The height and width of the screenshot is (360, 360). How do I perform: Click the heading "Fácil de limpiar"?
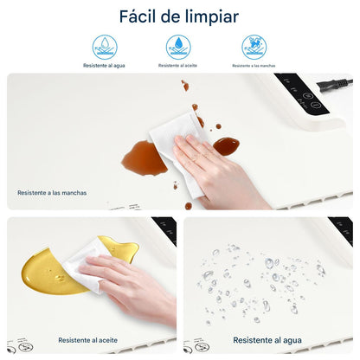(x=180, y=16)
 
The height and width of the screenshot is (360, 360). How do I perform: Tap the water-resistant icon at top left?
(x=105, y=47)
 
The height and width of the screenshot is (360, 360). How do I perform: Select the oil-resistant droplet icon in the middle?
(x=178, y=47)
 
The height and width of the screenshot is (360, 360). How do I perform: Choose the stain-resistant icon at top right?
(x=254, y=47)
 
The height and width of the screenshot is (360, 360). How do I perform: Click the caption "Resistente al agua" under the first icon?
(x=105, y=66)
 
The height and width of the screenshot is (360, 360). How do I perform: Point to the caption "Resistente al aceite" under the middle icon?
(x=178, y=66)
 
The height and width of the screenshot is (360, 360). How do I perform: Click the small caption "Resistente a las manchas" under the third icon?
(x=254, y=66)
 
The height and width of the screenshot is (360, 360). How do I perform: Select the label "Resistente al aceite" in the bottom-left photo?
(x=89, y=340)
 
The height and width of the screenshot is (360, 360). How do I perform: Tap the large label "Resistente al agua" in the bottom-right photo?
(x=268, y=340)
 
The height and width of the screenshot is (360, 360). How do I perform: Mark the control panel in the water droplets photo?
(x=339, y=232)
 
